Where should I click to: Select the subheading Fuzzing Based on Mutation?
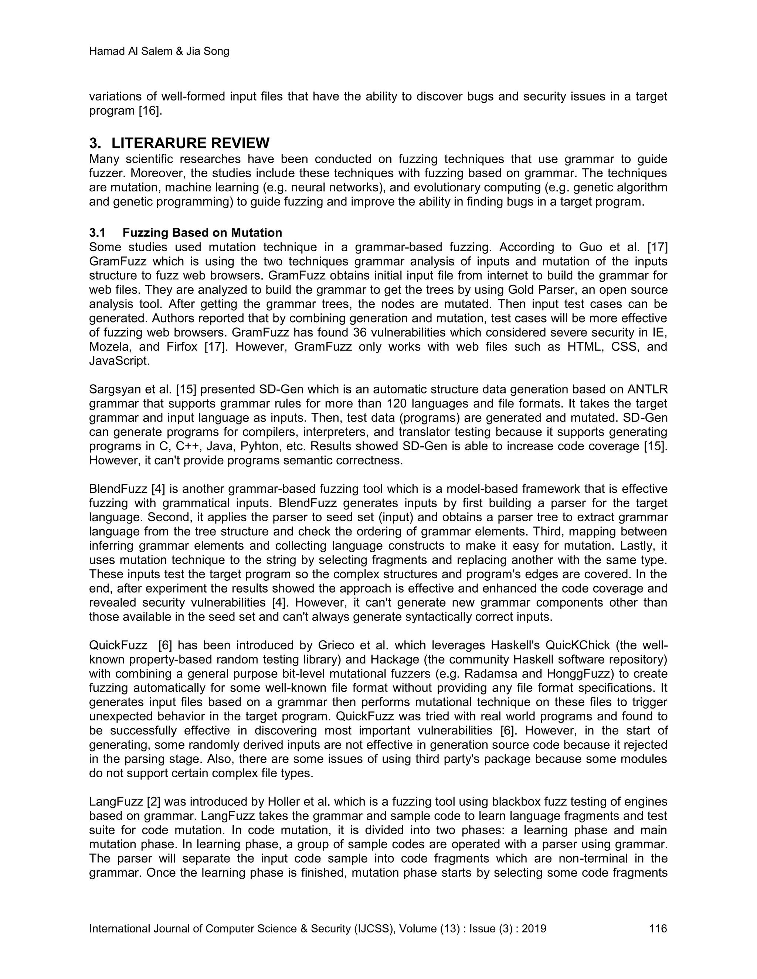click(x=202, y=233)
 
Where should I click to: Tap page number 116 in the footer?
click(x=658, y=928)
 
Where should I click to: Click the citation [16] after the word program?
click(x=150, y=111)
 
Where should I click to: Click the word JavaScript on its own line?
click(x=119, y=361)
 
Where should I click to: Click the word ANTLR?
click(x=649, y=389)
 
